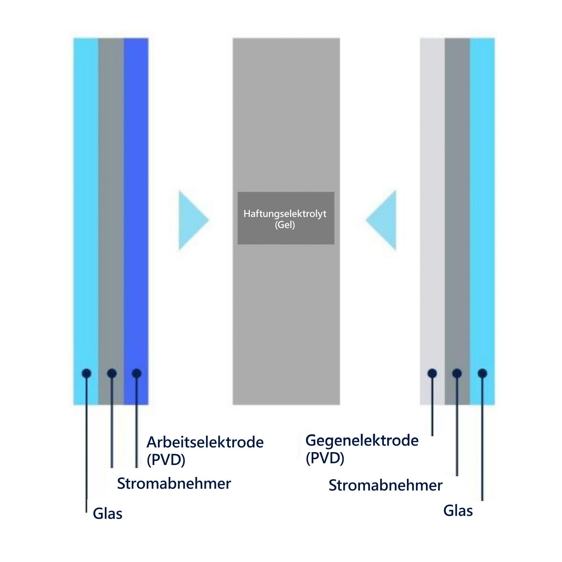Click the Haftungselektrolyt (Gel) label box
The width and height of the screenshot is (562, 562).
tap(286, 218)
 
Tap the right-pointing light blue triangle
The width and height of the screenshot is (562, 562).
tap(192, 220)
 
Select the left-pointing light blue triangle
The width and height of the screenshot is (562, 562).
tap(382, 220)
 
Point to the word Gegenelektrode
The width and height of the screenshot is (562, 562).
tap(362, 440)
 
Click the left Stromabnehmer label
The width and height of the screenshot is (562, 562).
tap(174, 483)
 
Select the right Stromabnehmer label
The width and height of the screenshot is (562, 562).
tap(386, 485)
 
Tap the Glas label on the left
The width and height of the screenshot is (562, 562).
tap(107, 513)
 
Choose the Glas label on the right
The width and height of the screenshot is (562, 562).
tap(458, 511)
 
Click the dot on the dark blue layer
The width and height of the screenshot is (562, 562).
tap(137, 373)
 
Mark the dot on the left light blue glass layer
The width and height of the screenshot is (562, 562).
tap(86, 373)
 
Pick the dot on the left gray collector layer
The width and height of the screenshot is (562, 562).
tap(112, 373)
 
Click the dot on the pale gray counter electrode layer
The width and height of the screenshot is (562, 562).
tap(432, 373)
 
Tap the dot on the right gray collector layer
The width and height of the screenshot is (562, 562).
tap(457, 373)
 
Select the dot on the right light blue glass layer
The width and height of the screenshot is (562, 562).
tap(482, 373)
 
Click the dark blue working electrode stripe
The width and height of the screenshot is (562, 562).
tap(136, 221)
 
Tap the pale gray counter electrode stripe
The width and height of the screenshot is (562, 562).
tap(432, 221)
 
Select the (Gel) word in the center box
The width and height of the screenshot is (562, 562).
tap(285, 225)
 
